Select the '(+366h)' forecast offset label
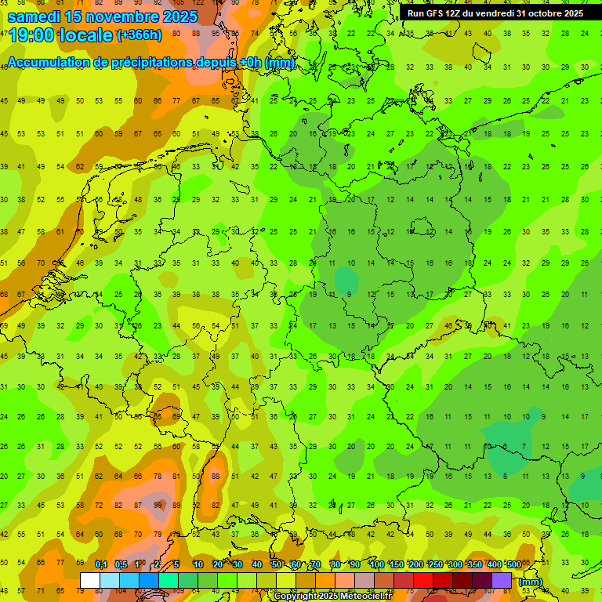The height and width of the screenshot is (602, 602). click(x=140, y=34)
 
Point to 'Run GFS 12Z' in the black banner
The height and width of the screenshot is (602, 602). click(x=434, y=13)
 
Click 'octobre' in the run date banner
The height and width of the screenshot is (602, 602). click(x=531, y=13)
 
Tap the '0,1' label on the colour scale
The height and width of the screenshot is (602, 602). click(x=101, y=565)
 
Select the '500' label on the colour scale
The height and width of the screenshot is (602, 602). click(x=513, y=565)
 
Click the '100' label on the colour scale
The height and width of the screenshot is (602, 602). click(x=376, y=565)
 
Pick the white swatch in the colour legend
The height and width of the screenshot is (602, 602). click(x=90, y=580)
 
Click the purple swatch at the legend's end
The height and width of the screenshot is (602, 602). click(x=502, y=580)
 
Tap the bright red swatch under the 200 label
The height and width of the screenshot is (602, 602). click(x=423, y=580)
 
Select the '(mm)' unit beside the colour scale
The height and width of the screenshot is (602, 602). click(x=531, y=582)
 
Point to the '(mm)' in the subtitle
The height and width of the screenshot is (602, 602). click(x=280, y=63)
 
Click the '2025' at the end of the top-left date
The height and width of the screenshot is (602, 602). click(x=181, y=16)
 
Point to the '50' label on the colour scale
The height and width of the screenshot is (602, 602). click(x=277, y=565)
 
